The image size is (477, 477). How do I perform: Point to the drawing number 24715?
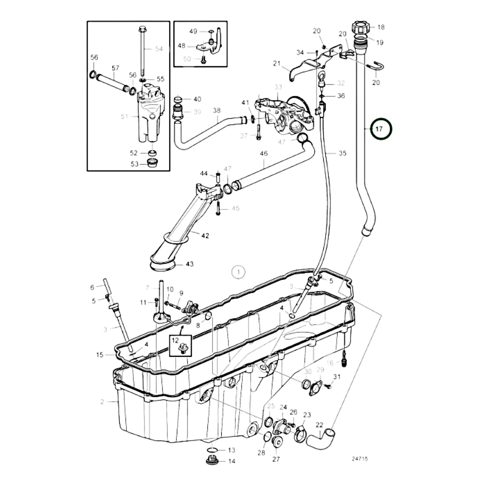click(359, 459)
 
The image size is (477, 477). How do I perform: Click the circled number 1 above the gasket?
click(238, 272)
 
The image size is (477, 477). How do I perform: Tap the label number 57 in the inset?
click(115, 68)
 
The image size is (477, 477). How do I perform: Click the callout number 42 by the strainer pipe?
click(205, 236)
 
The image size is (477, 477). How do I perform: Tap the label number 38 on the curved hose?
click(217, 111)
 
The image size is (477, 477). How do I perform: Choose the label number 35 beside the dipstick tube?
click(342, 153)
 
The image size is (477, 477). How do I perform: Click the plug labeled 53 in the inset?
click(152, 163)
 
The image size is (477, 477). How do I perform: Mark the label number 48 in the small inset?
click(182, 46)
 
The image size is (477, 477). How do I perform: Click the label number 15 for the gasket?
click(100, 355)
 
